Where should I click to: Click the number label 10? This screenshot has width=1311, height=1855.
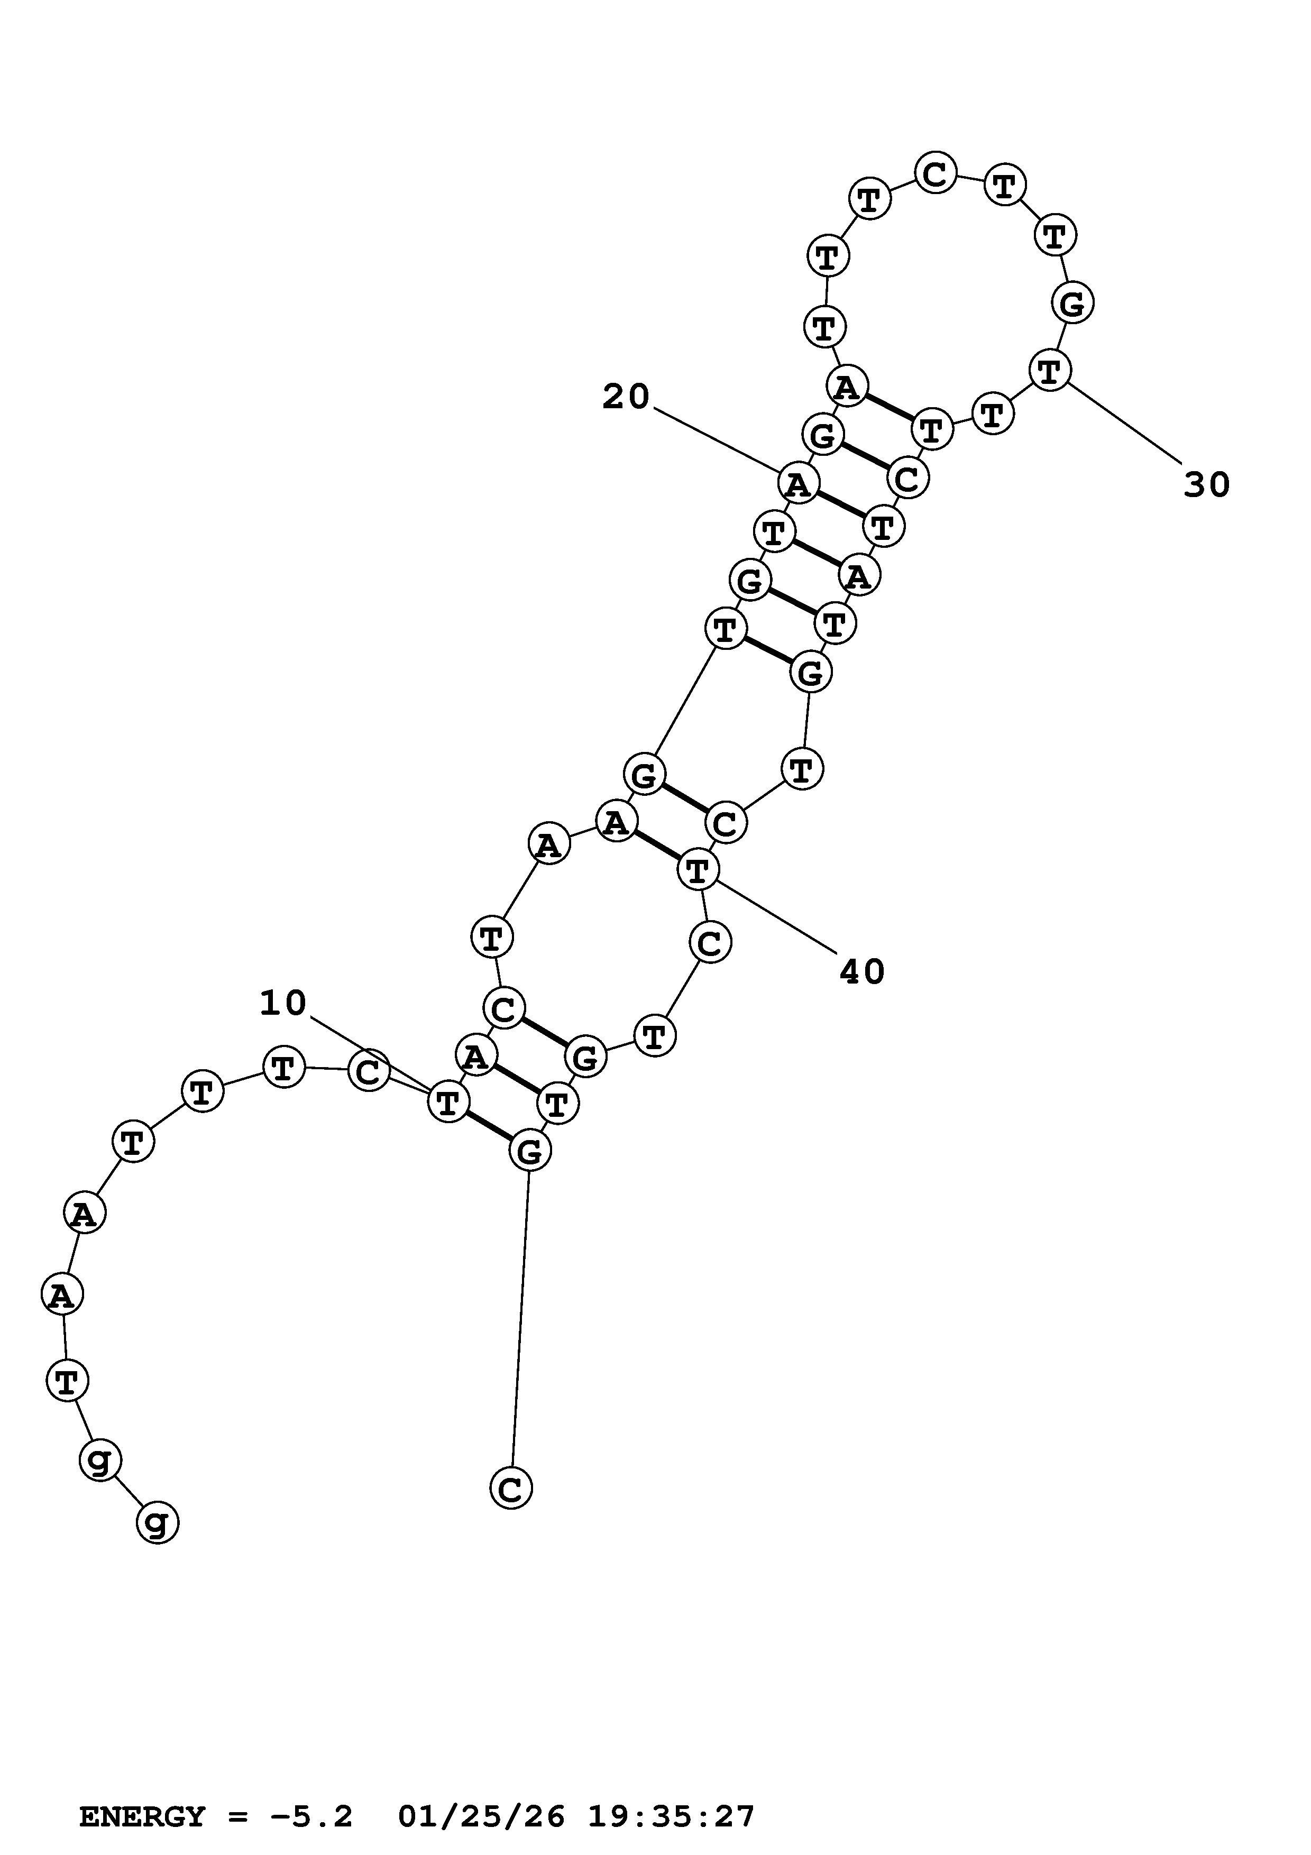pos(283,1004)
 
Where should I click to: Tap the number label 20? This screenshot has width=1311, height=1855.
pos(626,397)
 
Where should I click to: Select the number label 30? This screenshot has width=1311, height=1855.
pos(1207,485)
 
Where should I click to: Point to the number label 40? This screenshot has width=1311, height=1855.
pos(863,972)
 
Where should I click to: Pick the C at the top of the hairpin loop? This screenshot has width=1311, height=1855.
pos(936,173)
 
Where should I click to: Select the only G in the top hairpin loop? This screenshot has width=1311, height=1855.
pos(1072,304)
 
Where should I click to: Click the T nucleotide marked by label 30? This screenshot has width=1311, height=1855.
pos(1049,372)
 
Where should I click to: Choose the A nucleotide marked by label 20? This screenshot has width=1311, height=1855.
pos(798,484)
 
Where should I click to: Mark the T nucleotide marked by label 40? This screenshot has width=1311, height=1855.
pos(697,870)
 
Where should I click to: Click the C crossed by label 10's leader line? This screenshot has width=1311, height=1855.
pos(369,1072)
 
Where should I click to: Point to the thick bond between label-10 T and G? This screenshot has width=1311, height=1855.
pos(489,1125)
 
